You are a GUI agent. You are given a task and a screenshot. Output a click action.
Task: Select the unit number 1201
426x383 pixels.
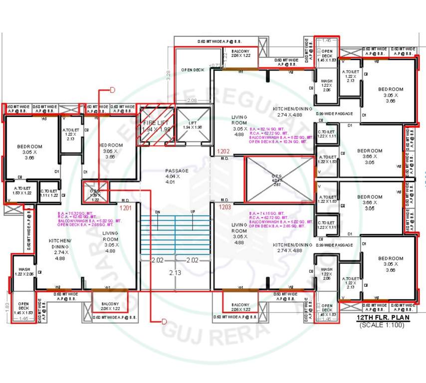pos(125,208)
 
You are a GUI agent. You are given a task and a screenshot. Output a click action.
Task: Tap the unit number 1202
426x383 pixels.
pos(223,151)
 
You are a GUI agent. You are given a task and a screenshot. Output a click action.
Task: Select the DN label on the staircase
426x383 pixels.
pos(158,212)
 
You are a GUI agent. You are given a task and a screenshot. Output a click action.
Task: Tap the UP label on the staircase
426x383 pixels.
pos(193,212)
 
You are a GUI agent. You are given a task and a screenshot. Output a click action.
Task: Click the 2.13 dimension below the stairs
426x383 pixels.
pos(175,273)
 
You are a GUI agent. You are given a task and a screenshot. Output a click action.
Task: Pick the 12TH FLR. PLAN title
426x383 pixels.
pos(380,318)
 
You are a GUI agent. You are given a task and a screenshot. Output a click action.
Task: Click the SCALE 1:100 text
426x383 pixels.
pos(382,326)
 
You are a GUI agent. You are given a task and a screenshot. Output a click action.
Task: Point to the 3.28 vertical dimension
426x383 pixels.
pos(169,75)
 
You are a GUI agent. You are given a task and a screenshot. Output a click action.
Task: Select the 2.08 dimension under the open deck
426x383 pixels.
pos(191,101)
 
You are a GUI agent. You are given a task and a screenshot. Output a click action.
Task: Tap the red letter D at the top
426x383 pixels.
pos(112,90)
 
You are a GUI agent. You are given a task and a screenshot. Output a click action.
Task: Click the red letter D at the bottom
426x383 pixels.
pos(164,322)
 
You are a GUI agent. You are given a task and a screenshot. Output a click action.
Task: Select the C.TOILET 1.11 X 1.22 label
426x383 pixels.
pos(48,193)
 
